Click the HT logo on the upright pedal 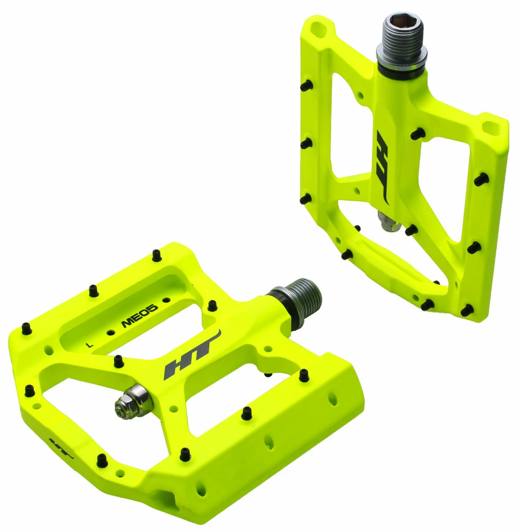tap(383, 168)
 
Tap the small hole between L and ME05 tap(111, 332)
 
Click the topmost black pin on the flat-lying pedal tap(156, 255)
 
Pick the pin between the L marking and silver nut tap(117, 361)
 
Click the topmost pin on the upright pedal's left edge tap(306, 84)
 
